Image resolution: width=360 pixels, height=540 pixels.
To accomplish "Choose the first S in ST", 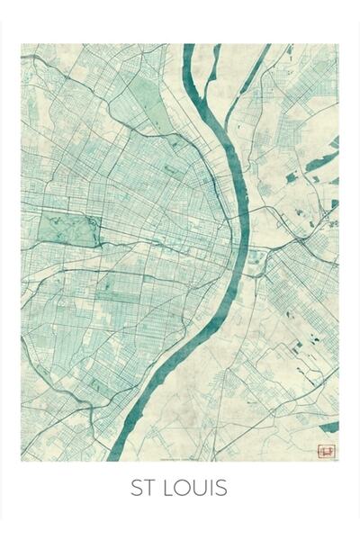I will pos(136,490).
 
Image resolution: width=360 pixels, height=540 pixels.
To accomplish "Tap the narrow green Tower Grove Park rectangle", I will pos(115,292).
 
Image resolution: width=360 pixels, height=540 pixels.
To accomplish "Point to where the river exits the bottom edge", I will pos(126,457).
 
